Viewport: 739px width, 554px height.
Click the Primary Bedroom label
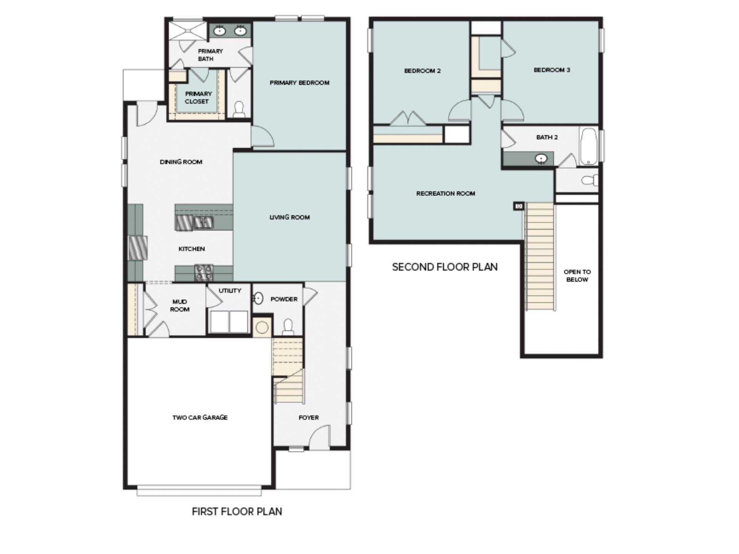point(299,83)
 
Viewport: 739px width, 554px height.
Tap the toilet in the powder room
point(288,327)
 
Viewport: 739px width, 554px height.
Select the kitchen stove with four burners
point(204,272)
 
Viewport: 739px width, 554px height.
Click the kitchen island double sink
point(203,222)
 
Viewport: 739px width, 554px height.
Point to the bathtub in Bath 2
point(588,147)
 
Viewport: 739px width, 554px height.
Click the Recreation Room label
point(445,194)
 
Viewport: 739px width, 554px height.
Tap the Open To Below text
point(577,275)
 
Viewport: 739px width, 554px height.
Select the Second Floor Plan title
point(445,267)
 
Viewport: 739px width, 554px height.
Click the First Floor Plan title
point(237,511)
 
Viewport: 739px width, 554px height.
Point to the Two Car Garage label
point(200,417)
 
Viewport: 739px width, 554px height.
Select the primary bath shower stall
point(188,30)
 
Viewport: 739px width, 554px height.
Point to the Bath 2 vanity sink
point(542,159)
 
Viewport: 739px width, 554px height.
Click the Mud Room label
point(179,305)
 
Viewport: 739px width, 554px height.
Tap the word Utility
point(230,291)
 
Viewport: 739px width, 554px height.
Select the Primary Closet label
point(198,98)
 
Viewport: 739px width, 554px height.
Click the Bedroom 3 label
point(552,70)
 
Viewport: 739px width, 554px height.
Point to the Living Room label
point(289,217)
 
